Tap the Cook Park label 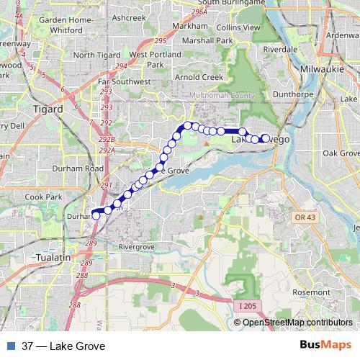click(x=44, y=196)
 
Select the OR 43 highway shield click(x=305, y=217)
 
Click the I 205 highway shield click(x=245, y=306)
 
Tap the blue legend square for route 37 click(x=9, y=346)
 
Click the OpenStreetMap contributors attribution click(x=297, y=323)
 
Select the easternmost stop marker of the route click(x=265, y=138)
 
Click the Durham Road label click(x=66, y=168)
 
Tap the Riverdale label click(x=282, y=49)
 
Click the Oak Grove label click(x=341, y=153)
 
